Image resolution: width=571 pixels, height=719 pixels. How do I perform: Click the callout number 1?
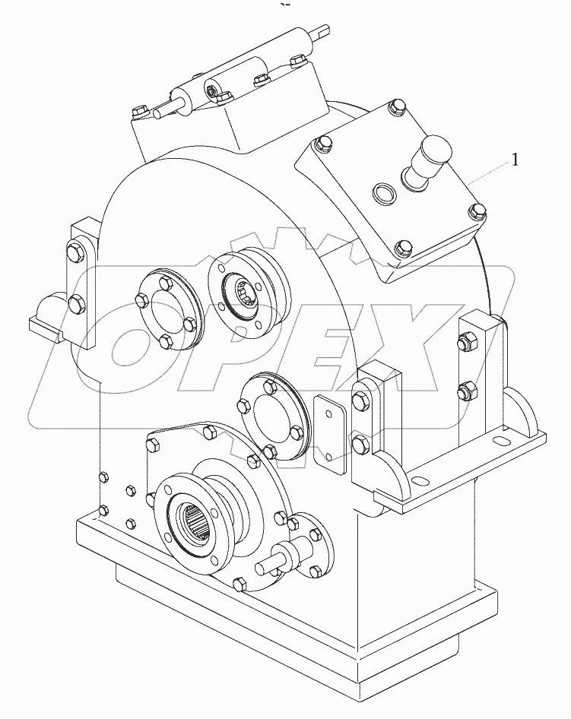pyautogui.click(x=515, y=160)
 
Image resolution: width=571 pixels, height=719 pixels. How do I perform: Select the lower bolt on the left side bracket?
pyautogui.click(x=76, y=305)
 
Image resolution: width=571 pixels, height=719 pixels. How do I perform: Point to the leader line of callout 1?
pyautogui.click(x=487, y=173)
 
